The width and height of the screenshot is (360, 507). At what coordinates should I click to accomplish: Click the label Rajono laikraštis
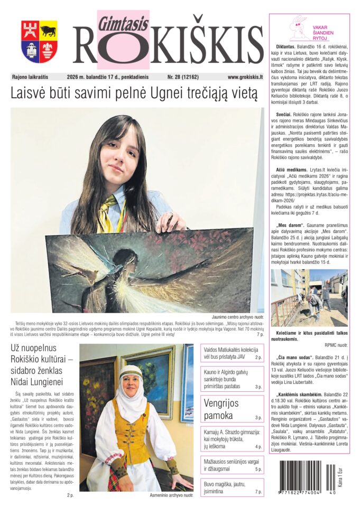click(32, 77)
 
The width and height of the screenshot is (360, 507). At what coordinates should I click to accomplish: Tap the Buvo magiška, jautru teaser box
click(232, 487)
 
